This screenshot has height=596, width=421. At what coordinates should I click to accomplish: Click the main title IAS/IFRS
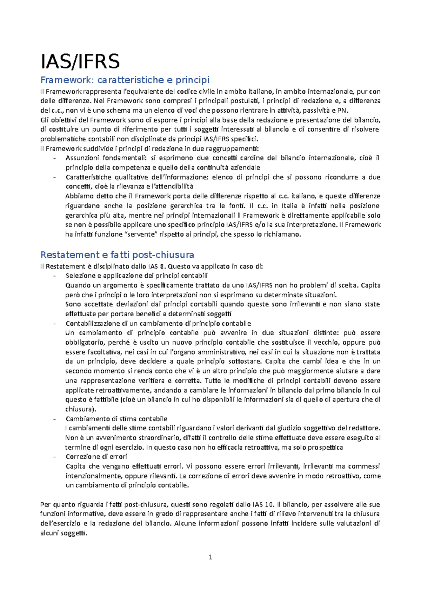(80, 61)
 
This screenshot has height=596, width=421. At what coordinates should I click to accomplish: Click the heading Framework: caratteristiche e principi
(125, 80)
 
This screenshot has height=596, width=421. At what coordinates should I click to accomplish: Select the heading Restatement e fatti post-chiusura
(117, 254)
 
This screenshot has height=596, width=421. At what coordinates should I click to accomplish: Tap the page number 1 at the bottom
(210, 557)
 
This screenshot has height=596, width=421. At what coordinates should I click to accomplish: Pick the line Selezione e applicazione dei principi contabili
(136, 276)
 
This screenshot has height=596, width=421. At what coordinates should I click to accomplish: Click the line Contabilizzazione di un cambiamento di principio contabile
(158, 323)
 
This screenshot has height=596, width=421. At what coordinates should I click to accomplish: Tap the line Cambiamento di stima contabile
(116, 419)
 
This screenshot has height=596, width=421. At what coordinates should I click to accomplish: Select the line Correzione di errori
(96, 457)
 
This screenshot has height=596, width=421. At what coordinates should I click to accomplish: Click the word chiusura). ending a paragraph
(81, 409)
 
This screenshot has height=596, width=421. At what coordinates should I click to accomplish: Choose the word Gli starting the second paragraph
(44, 120)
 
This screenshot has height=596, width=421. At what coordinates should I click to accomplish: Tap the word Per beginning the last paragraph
(46, 505)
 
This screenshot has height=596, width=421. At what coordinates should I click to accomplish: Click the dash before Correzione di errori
(54, 457)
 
